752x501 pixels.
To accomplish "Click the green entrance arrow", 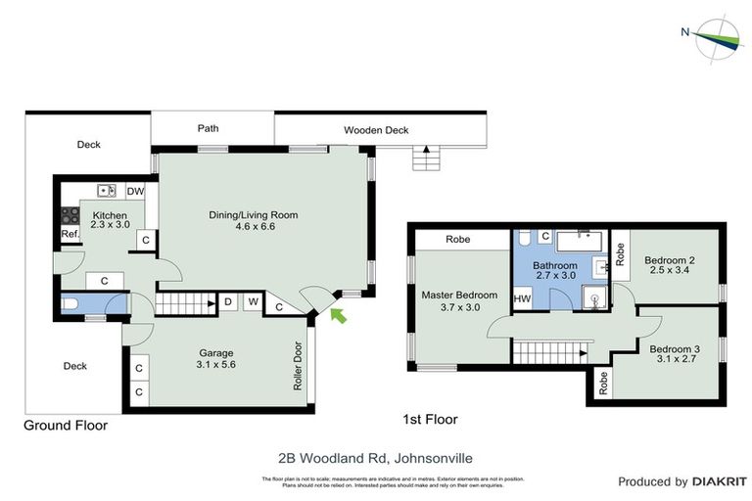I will [339, 314].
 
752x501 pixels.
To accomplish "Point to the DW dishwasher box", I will [135, 191].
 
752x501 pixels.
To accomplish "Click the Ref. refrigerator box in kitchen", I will [70, 235].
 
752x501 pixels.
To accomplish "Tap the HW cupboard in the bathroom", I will [522, 298].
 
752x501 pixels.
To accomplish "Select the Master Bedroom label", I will [459, 295].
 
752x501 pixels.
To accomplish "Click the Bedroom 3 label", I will [675, 349].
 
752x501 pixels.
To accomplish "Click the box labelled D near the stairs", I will [227, 302].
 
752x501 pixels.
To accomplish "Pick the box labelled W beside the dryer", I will [253, 302].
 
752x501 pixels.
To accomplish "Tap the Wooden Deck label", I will [376, 130].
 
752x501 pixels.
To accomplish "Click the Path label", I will [208, 128].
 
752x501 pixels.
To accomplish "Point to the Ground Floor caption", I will [67, 426].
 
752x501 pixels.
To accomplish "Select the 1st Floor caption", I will [431, 419].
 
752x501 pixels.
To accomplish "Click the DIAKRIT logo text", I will [720, 481].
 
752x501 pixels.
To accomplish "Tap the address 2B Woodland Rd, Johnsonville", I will [376, 457].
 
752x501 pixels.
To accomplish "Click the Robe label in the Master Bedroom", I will [457, 240].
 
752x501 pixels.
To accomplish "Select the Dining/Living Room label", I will [253, 215].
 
